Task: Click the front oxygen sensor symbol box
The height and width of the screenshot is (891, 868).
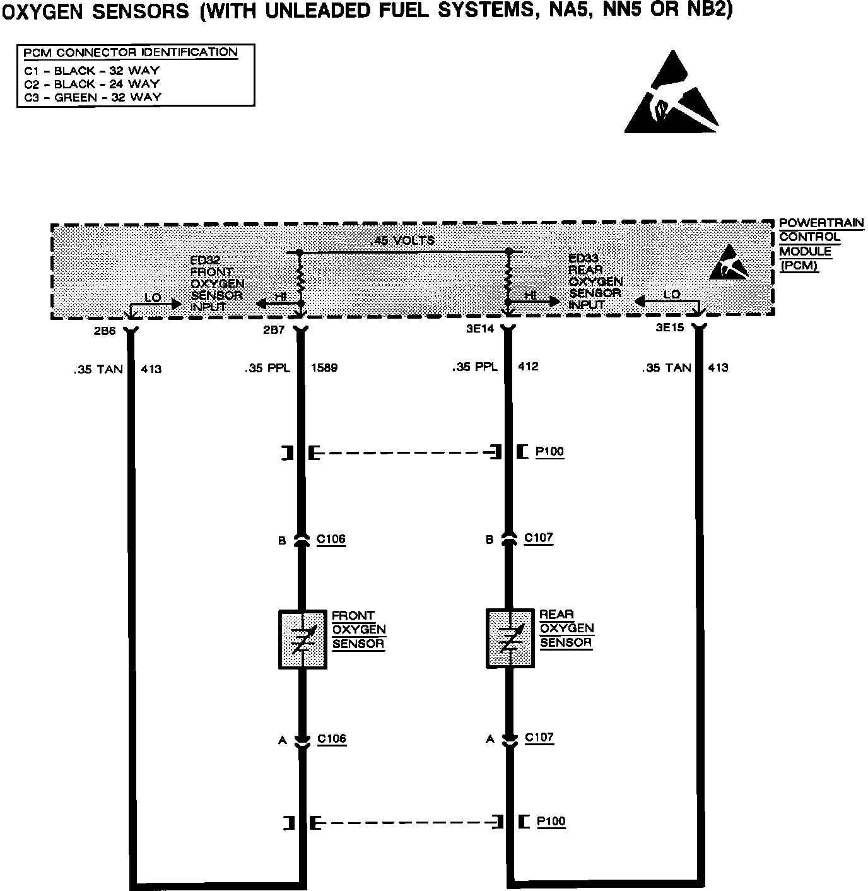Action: (x=302, y=639)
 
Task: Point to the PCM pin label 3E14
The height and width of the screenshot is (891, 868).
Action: (x=480, y=329)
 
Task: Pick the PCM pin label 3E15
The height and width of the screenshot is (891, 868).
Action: (x=671, y=328)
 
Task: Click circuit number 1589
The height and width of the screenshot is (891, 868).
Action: (x=324, y=368)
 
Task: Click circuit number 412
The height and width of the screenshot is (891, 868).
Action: (x=528, y=367)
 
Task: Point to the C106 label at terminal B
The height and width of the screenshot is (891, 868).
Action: (x=331, y=540)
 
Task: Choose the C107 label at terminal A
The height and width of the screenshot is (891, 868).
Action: (x=539, y=737)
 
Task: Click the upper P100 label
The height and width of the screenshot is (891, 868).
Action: (x=549, y=452)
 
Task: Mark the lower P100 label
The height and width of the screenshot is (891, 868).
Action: (x=551, y=822)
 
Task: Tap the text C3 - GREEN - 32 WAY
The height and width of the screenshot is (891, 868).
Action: (x=93, y=97)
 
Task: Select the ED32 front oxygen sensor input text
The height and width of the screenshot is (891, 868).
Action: (x=217, y=283)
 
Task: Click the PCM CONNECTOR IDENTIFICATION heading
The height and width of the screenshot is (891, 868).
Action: (x=131, y=52)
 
